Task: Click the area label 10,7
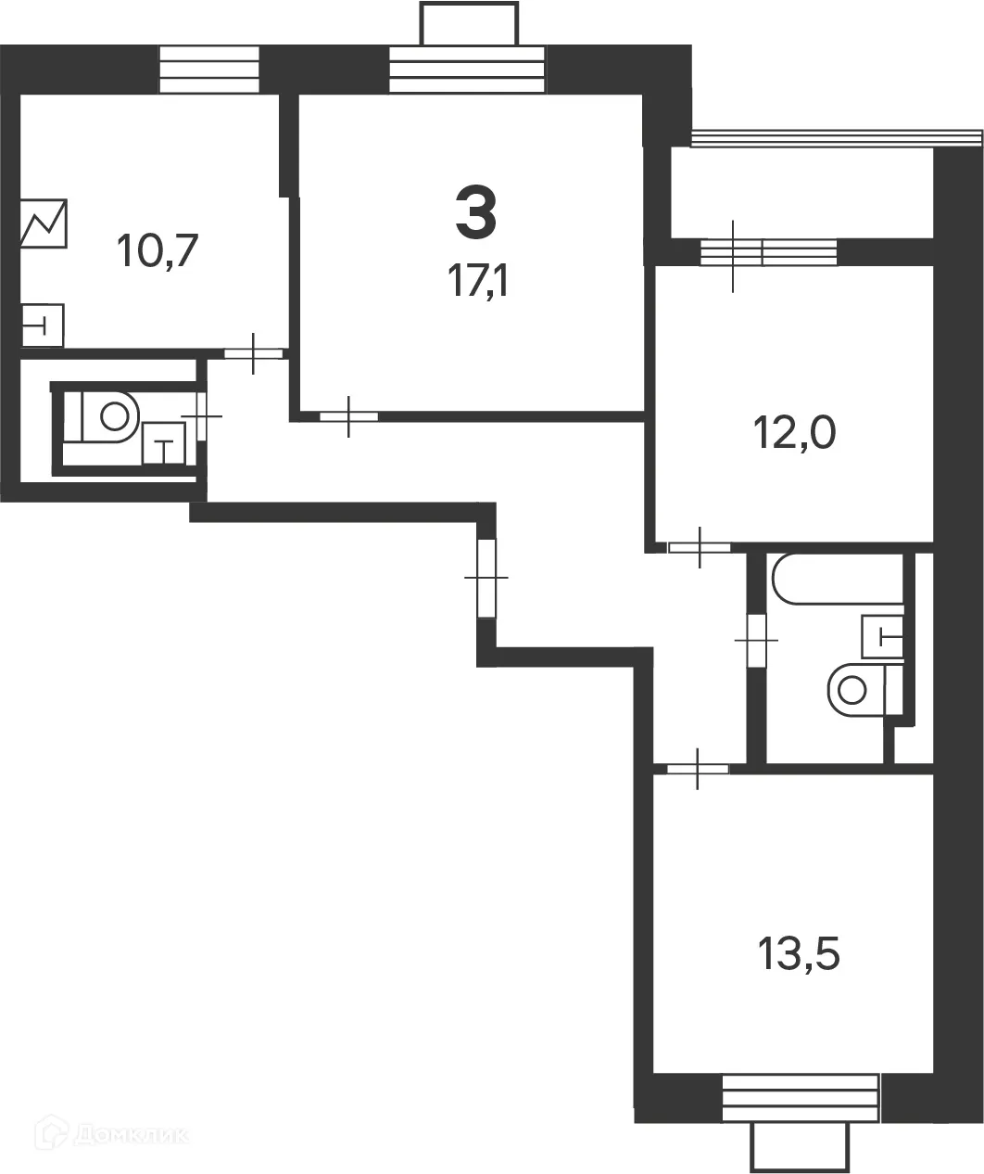158,250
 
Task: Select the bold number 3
476,211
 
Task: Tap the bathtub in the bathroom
835,579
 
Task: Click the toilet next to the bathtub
856,688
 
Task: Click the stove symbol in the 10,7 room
44,223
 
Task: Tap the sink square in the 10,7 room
43,325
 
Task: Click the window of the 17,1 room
467,69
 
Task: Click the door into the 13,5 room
698,768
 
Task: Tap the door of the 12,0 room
699,546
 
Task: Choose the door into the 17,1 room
349,416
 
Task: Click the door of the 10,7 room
253,352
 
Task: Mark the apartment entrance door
486,578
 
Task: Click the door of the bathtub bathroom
757,640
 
